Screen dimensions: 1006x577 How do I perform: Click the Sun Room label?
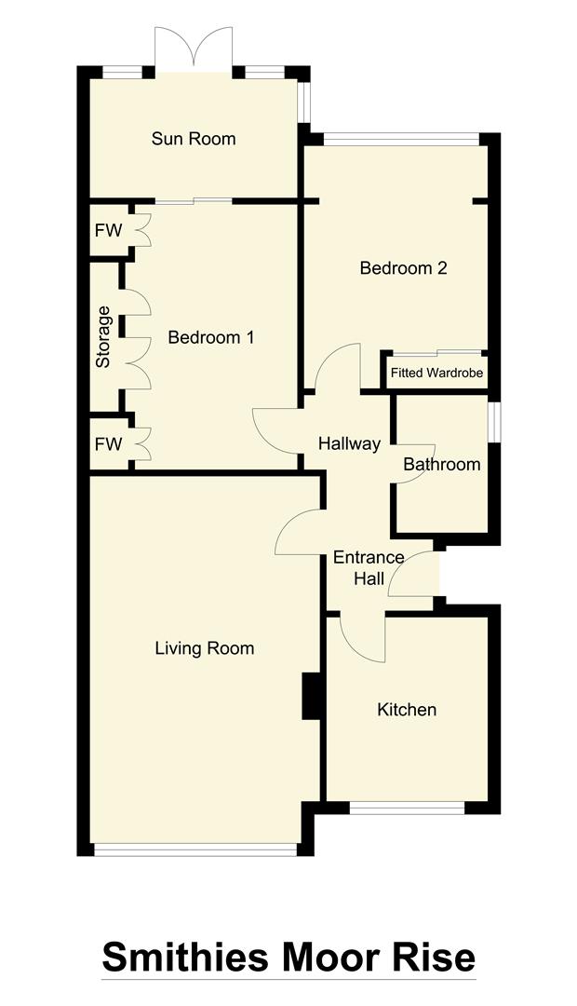click(x=194, y=139)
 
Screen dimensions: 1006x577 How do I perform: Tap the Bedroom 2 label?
click(x=404, y=268)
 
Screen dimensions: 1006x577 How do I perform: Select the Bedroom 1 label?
click(x=210, y=337)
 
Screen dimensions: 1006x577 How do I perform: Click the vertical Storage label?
click(x=102, y=336)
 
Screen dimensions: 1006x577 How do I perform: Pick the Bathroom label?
click(x=442, y=464)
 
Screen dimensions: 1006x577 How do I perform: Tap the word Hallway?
click(x=349, y=443)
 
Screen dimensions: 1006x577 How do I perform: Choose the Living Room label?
click(x=204, y=648)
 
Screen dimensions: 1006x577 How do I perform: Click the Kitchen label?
click(x=407, y=710)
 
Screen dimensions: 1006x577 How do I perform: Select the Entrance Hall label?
click(x=369, y=568)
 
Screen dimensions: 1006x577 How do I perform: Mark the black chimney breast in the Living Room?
click(x=311, y=696)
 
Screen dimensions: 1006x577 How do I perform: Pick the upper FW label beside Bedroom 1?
click(x=108, y=229)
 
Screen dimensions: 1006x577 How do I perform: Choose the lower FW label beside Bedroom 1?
click(x=108, y=444)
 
